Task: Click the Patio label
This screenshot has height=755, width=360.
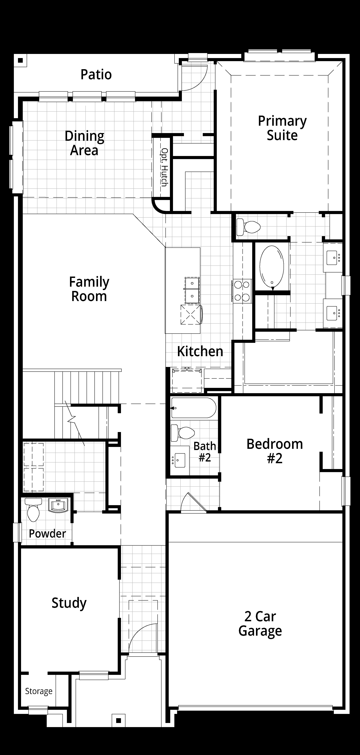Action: pyautogui.click(x=96, y=74)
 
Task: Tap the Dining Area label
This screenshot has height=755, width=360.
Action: pyautogui.click(x=84, y=143)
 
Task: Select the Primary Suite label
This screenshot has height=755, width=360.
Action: pyautogui.click(x=282, y=128)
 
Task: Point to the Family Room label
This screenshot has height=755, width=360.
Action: pyautogui.click(x=89, y=289)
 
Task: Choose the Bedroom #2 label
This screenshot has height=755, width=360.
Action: pyautogui.click(x=275, y=451)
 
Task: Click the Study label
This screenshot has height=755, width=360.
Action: pyautogui.click(x=69, y=603)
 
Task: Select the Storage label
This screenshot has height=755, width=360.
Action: pyautogui.click(x=39, y=691)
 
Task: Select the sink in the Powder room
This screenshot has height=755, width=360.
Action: pyautogui.click(x=58, y=506)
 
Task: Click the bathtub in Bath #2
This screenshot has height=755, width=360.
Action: pyautogui.click(x=194, y=408)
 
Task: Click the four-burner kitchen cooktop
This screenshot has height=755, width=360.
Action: pyautogui.click(x=242, y=291)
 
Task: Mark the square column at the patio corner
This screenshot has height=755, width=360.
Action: pyautogui.click(x=20, y=61)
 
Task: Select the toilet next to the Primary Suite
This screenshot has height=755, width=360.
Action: pyautogui.click(x=248, y=227)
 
